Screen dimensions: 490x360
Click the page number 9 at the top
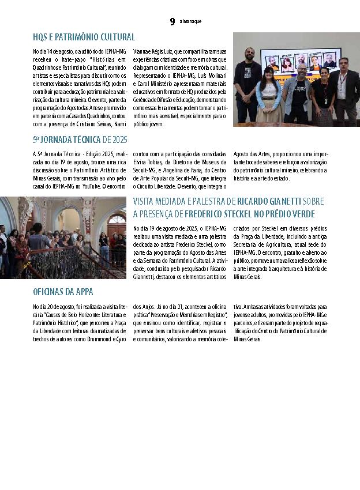pos(172,22)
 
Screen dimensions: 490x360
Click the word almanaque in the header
pos(190,22)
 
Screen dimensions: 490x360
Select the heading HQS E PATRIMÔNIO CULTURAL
pos(84,37)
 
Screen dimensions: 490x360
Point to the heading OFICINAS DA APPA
pos(63,292)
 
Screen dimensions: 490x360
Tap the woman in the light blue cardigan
pos(268,92)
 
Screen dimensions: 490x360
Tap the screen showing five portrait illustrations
pos(300,59)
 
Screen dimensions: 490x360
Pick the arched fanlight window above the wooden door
pos(116,219)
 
